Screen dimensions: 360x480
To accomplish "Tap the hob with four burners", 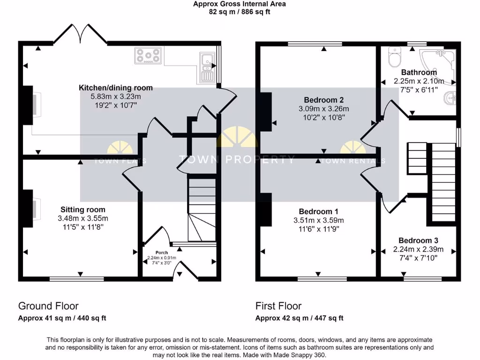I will (148, 56).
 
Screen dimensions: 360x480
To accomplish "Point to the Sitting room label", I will (83, 210).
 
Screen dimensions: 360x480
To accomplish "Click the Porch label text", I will (161, 253).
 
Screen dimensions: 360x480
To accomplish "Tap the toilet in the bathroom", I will (394, 58).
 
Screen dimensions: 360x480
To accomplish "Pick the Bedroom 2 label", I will (324, 100).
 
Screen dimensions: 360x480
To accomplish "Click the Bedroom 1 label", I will (318, 211).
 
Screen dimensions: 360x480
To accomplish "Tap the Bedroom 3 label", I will (418, 240).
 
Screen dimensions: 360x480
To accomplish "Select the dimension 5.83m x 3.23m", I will (115, 97).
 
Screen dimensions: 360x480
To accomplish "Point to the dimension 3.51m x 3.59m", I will (318, 220).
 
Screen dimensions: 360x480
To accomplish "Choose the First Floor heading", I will (278, 306).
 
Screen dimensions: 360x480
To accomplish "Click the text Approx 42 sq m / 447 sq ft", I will (299, 318).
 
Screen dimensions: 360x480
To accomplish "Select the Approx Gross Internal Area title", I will (240, 4).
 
